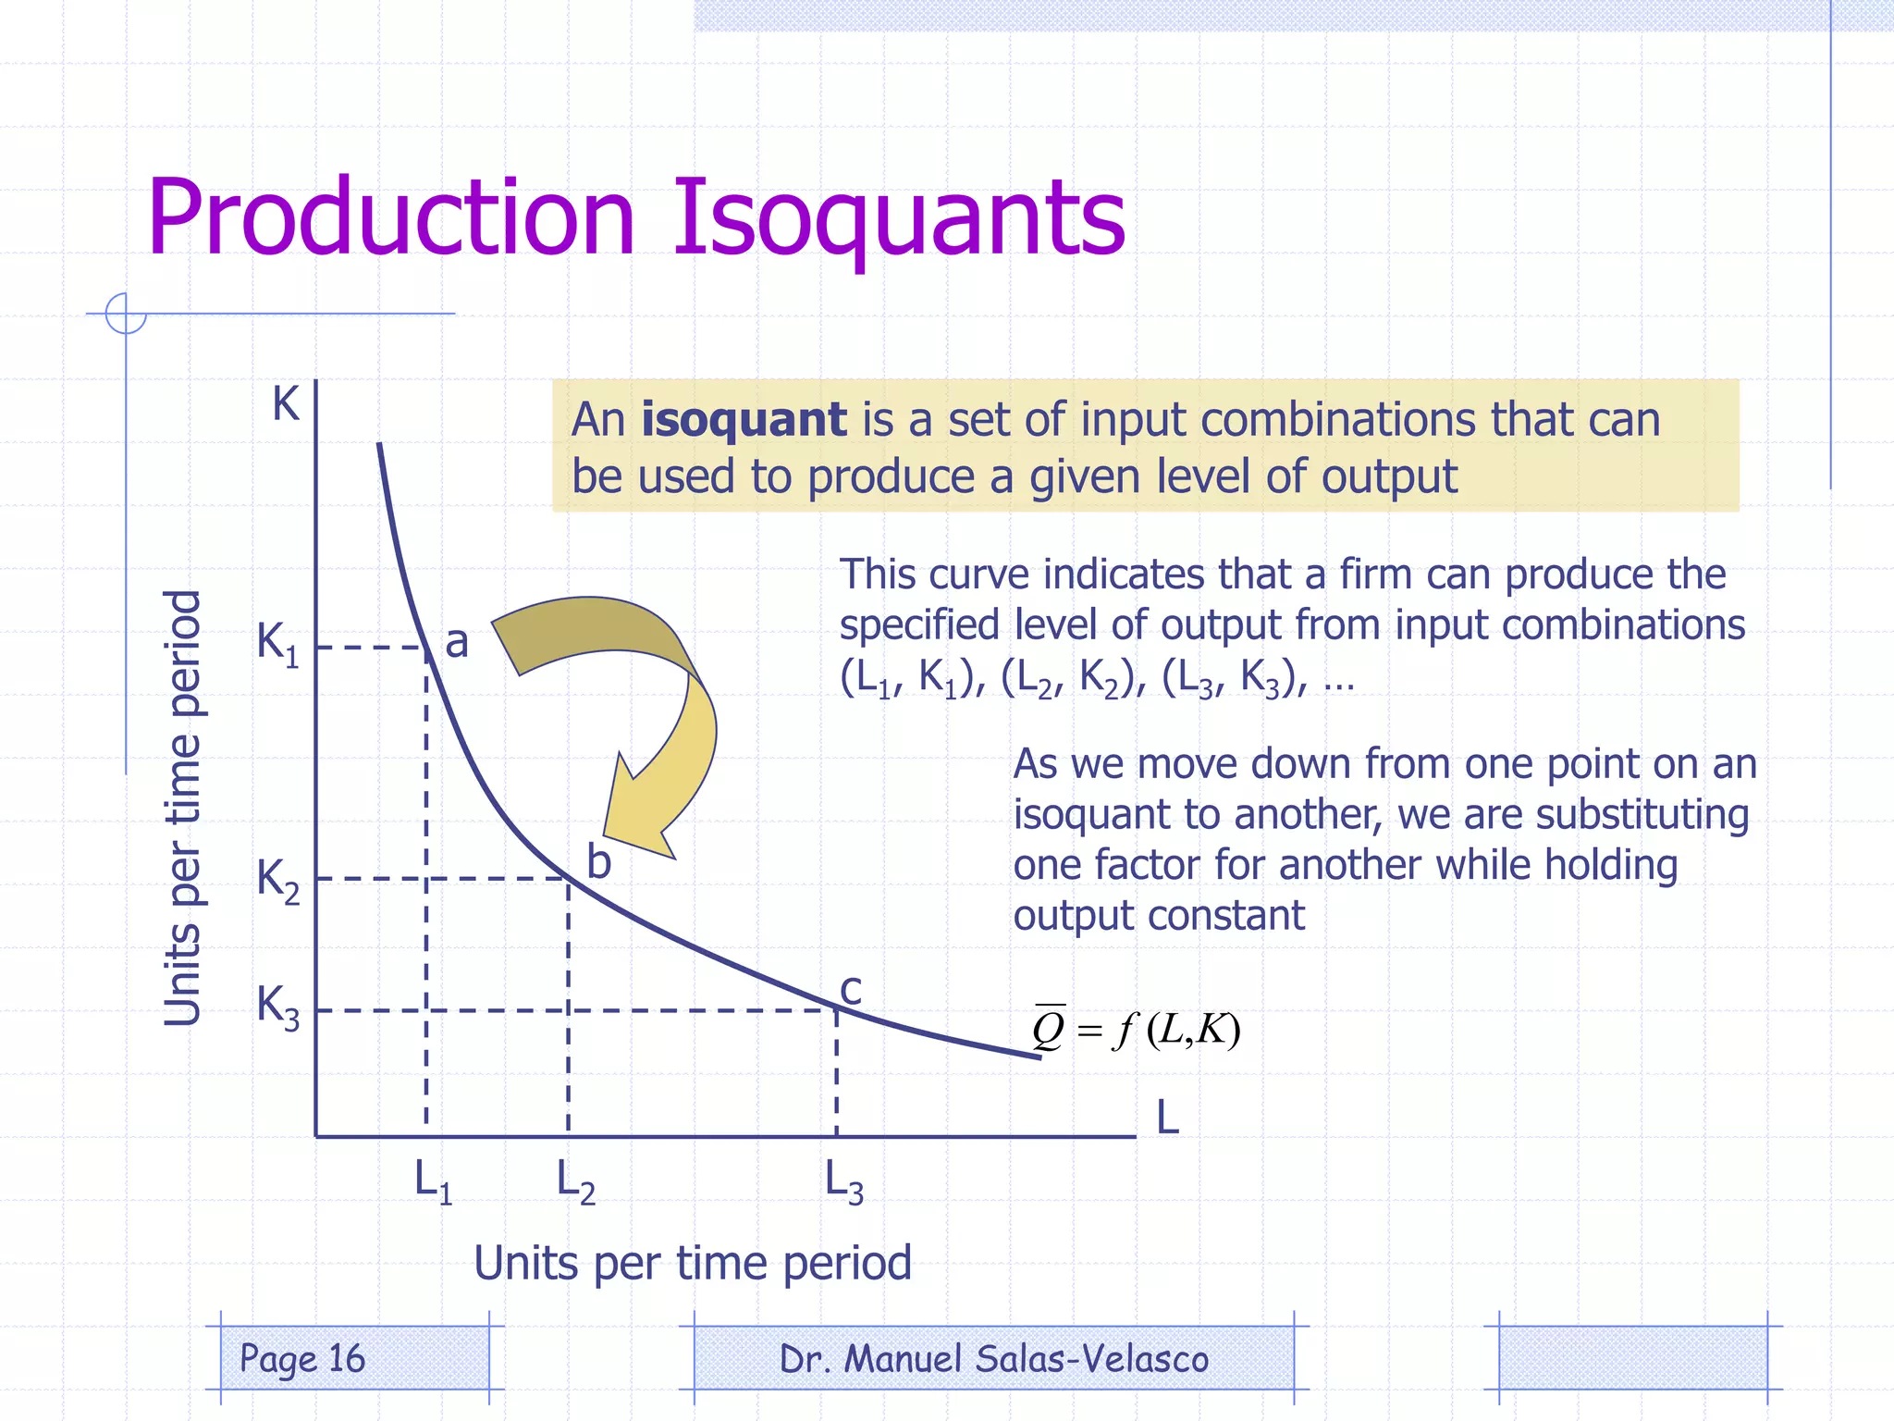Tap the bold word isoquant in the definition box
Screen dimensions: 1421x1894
[x=744, y=420]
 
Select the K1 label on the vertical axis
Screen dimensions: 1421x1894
[x=277, y=643]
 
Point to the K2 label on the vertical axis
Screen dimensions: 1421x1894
[x=277, y=879]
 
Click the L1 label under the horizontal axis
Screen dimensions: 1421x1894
[x=433, y=1182]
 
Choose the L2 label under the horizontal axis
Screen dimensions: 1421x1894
[x=575, y=1182]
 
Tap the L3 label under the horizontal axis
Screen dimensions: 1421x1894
[x=843, y=1182]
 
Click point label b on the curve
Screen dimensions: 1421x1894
[x=599, y=862]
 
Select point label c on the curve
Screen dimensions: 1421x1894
[x=851, y=990]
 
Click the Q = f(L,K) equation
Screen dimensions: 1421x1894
[x=1136, y=1029]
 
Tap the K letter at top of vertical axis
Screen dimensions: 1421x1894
[x=286, y=405]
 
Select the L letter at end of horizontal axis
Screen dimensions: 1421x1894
[x=1168, y=1118]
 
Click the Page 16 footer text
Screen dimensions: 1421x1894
[x=302, y=1358]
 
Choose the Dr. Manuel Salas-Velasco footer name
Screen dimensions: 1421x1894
[x=994, y=1359]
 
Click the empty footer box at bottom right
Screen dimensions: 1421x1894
[x=1632, y=1358]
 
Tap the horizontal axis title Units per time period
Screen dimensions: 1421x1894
[x=693, y=1263]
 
